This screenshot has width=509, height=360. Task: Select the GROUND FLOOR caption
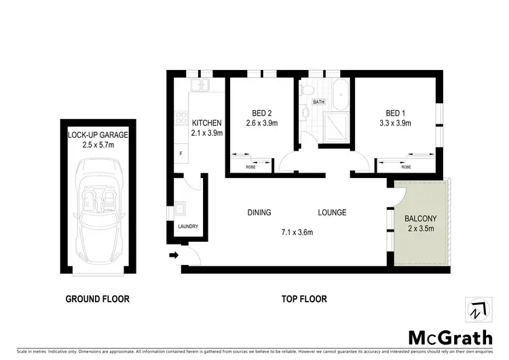(x=97, y=298)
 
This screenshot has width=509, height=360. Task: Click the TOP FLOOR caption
(x=305, y=298)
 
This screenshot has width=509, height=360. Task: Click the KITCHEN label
(x=207, y=123)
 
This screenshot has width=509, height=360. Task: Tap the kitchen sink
(x=200, y=86)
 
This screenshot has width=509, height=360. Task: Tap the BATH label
(x=318, y=103)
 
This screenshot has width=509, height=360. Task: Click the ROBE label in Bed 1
(x=406, y=166)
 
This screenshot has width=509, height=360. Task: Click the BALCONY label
(x=421, y=219)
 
